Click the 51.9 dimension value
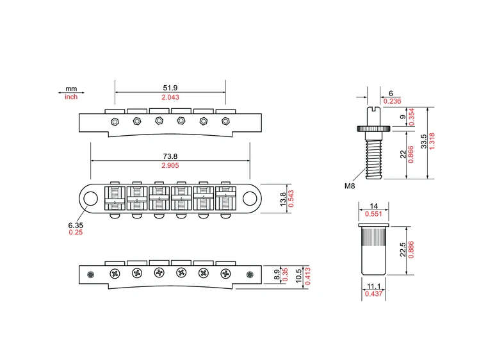click(x=170, y=88)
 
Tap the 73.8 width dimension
click(x=170, y=156)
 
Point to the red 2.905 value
click(x=170, y=165)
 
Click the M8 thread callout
click(x=349, y=186)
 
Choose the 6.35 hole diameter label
click(x=76, y=225)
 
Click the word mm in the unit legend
click(x=71, y=89)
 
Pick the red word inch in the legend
click(x=71, y=97)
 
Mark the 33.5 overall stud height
click(x=423, y=142)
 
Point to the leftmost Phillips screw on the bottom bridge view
click(x=115, y=274)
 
